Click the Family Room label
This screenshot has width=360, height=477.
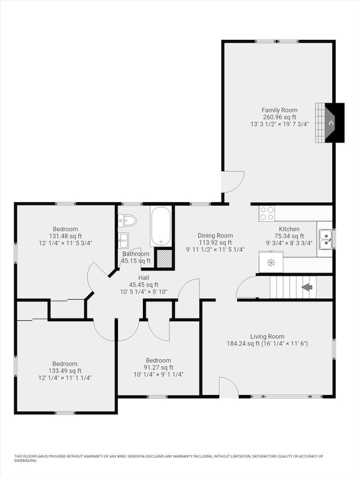[x=279, y=110]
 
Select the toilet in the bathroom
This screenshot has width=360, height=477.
[x=127, y=220]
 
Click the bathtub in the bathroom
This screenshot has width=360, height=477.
[x=161, y=225]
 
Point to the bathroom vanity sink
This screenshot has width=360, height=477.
[x=124, y=240]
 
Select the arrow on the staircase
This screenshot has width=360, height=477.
[x=307, y=287]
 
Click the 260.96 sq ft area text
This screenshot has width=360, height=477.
[x=279, y=117]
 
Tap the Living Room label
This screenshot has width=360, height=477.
[x=267, y=336]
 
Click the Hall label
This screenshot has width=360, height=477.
[x=144, y=278]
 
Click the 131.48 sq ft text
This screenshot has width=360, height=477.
[x=65, y=236]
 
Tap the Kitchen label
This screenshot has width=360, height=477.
[x=289, y=229]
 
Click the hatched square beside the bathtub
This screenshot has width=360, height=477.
[x=164, y=258]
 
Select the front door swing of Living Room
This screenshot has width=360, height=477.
[x=228, y=387]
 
